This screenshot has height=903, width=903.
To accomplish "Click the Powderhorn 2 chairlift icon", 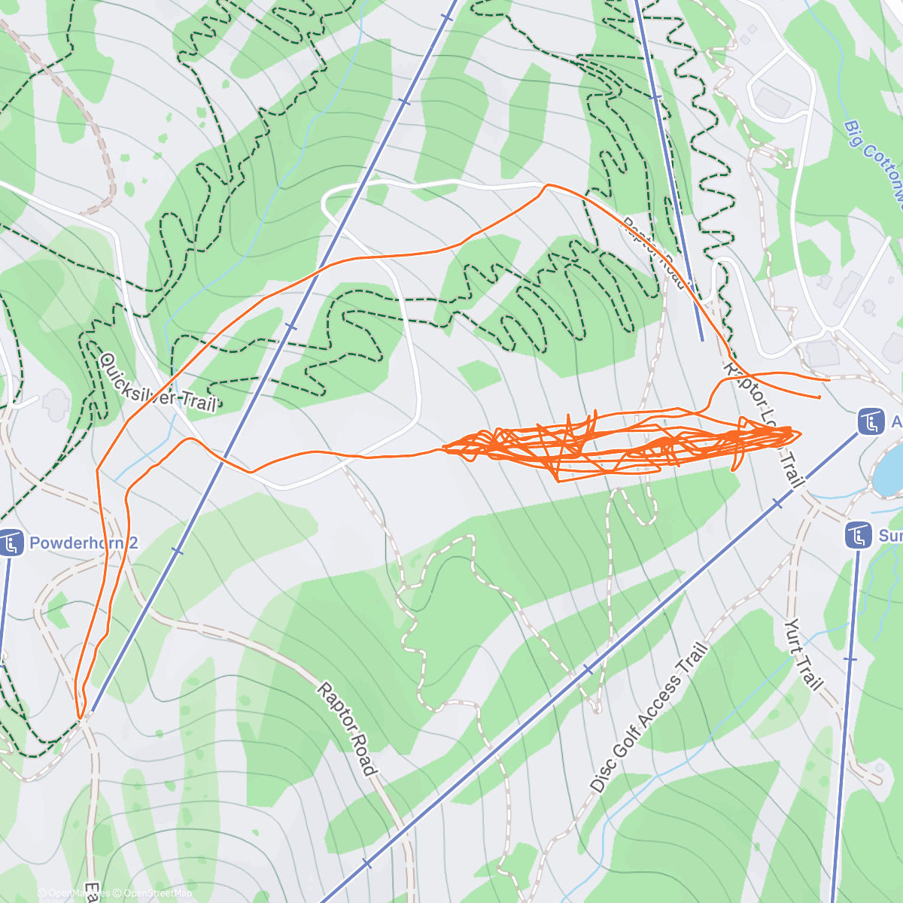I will pos(11,543).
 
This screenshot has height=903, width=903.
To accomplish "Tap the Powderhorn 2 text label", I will pos(84,543).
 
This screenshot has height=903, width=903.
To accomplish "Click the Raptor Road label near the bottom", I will pos(346,728).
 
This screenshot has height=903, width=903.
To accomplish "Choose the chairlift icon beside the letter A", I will pos(871,421).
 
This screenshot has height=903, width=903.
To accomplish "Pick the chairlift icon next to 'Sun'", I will pos(859,536).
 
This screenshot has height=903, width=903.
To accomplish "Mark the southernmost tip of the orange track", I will pos(80,717).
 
